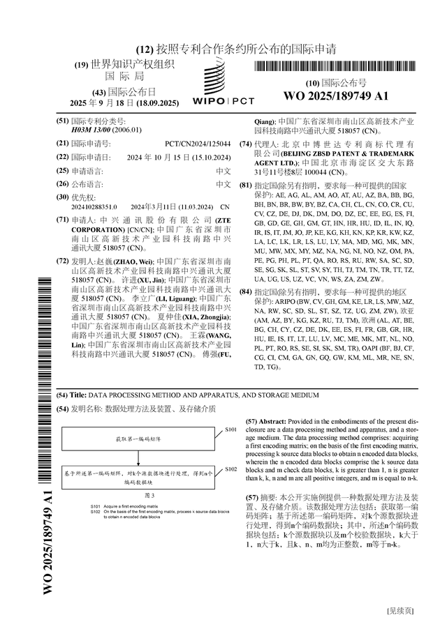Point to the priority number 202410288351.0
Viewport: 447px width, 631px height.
pyautogui.click(x=94, y=207)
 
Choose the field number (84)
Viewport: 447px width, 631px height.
pyautogui.click(x=245, y=291)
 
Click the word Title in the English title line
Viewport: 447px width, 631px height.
pyautogui.click(x=78, y=395)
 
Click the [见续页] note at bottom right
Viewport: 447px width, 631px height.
pyautogui.click(x=400, y=611)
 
